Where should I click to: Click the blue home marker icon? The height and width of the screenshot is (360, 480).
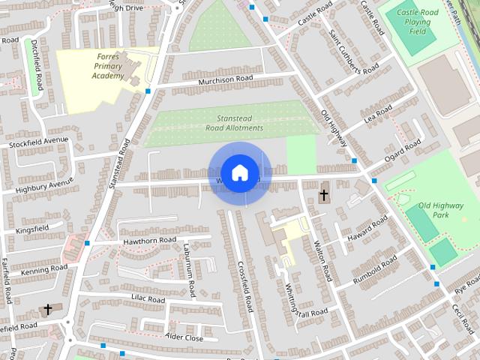point(239,172)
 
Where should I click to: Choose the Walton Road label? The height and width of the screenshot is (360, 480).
point(325,260)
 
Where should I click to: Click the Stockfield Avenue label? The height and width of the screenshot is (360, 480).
point(38,141)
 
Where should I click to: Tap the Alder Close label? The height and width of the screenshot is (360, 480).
point(184,338)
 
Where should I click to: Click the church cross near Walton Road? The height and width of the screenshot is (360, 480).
point(324,196)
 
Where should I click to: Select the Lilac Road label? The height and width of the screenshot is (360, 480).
point(148,298)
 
